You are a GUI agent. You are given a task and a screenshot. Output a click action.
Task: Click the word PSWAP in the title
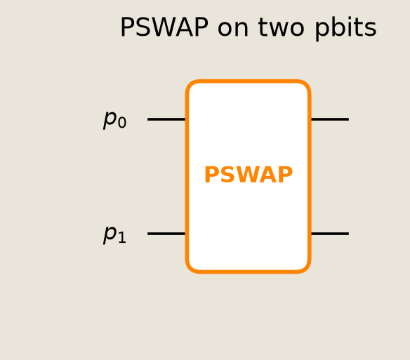[x=164, y=27]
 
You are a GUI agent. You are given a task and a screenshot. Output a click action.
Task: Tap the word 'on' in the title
[x=232, y=29]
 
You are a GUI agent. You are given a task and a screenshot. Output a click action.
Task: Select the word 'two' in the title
[x=281, y=28]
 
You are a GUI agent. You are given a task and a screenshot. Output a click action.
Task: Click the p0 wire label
[x=115, y=119]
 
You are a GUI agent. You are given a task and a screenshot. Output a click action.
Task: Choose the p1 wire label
[x=114, y=234]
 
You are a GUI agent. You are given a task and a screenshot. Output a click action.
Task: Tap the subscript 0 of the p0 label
[x=122, y=123]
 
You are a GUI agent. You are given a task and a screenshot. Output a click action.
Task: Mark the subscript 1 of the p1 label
[x=122, y=237]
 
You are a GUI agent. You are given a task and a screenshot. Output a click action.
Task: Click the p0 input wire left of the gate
[x=166, y=119]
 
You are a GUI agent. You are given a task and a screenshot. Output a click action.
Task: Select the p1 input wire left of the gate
[x=166, y=234]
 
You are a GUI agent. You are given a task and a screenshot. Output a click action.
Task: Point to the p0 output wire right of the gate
[x=330, y=119]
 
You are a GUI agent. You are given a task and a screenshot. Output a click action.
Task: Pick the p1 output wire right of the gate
[x=330, y=234]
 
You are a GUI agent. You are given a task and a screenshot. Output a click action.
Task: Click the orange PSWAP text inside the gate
[x=249, y=175]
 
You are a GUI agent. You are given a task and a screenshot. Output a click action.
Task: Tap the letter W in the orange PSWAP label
[x=248, y=175]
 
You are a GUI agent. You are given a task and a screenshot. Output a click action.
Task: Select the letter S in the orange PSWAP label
[x=227, y=175]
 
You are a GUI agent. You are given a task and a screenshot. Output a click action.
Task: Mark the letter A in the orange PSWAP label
[x=269, y=175]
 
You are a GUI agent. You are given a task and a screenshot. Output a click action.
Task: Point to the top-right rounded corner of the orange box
[x=306, y=85]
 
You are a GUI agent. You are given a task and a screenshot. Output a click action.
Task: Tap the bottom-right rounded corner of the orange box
[x=306, y=269]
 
